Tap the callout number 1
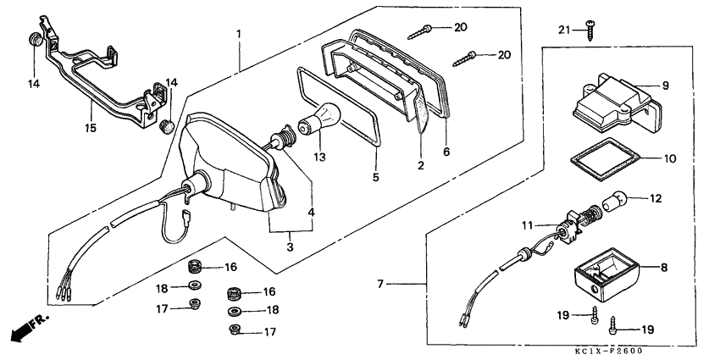pos(240,33)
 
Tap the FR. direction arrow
pos(25,328)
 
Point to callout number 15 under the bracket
pos(91,129)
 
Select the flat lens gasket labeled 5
pos(339,114)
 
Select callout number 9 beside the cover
pos(665,85)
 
